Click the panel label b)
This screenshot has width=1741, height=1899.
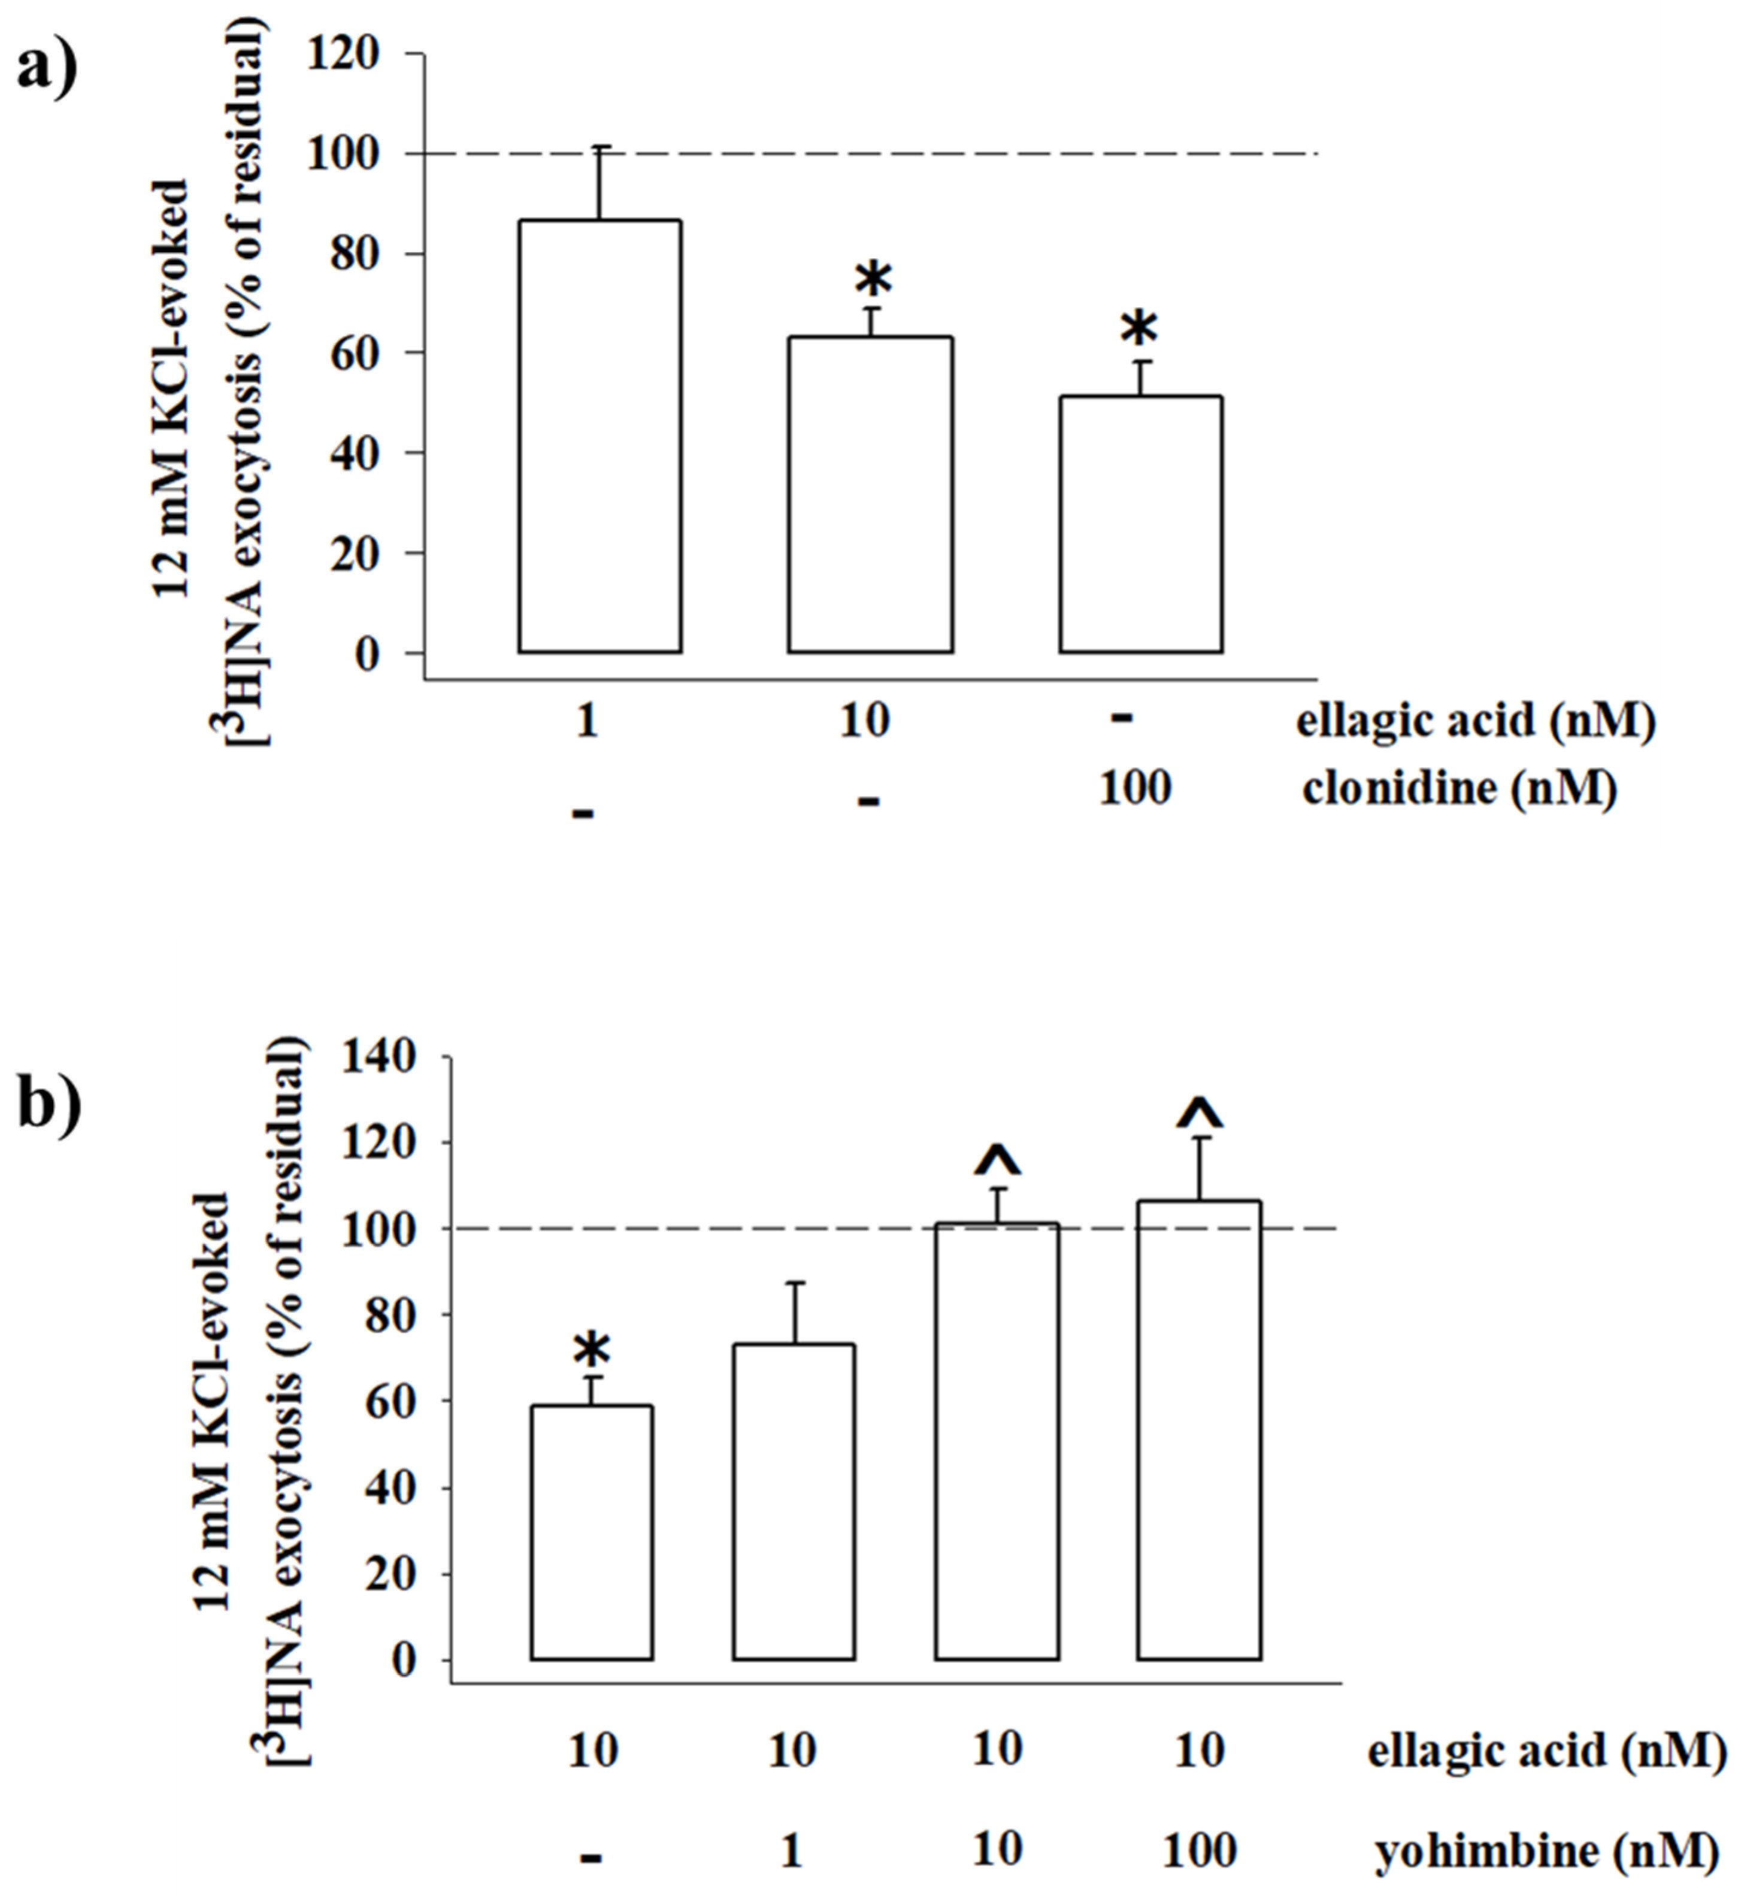click(x=49, y=1103)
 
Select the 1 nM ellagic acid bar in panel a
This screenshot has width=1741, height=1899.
click(x=599, y=436)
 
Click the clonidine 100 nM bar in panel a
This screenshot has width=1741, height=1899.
click(x=1141, y=524)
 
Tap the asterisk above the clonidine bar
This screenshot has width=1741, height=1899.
click(x=1139, y=330)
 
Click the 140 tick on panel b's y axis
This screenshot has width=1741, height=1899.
click(x=381, y=1057)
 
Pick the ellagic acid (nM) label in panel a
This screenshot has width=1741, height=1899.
click(x=1475, y=722)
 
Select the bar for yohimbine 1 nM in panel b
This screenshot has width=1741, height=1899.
click(x=794, y=1503)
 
